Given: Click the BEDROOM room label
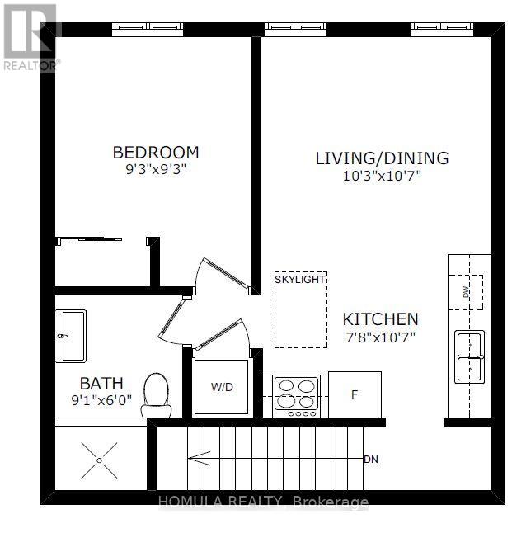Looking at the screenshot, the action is (x=156, y=153).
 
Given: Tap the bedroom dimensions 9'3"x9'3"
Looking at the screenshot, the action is (x=156, y=169).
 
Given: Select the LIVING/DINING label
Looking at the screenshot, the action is (x=382, y=158).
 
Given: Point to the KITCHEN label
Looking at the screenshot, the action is (x=381, y=319).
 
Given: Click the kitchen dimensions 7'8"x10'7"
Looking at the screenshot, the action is (x=381, y=337).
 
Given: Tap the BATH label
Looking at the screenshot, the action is (x=101, y=384).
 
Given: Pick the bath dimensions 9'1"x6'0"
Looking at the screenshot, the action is (x=101, y=400).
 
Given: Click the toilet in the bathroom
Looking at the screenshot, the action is (x=156, y=395).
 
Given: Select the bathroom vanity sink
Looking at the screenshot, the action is (x=71, y=336).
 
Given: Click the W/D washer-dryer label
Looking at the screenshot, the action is (x=222, y=387).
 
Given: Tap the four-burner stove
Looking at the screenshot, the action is (x=297, y=397).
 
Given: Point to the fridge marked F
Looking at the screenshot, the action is (x=355, y=394).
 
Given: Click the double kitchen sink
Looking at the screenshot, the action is (x=469, y=356).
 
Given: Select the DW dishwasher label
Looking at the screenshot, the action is (x=466, y=292).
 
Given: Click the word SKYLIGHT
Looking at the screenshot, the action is (x=300, y=280).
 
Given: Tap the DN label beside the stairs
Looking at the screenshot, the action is (x=371, y=459).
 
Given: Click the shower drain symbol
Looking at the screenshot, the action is (x=99, y=460).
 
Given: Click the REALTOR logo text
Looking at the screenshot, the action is (x=31, y=65).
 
